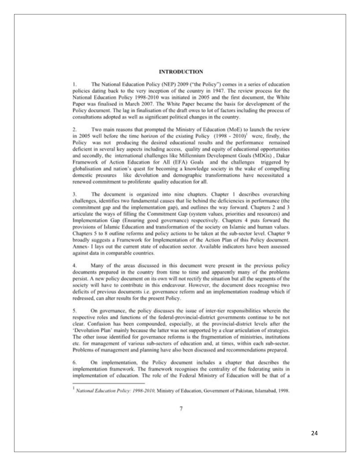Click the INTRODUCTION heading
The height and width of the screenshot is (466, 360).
181,71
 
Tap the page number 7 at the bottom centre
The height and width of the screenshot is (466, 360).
181,408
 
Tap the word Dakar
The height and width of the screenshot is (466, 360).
283,156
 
